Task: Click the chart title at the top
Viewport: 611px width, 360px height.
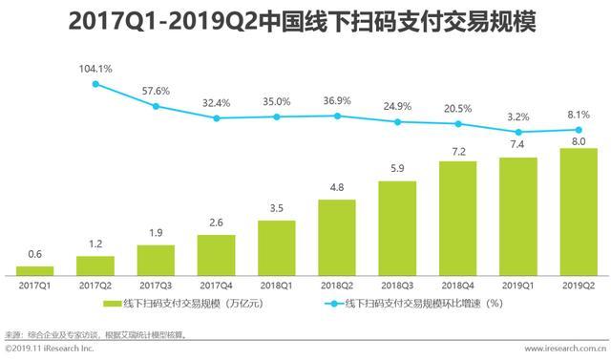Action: click(x=305, y=22)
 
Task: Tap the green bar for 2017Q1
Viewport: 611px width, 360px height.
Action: click(x=35, y=269)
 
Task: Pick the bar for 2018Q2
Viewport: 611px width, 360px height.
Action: click(x=337, y=236)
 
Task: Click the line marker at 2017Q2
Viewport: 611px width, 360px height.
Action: click(x=95, y=84)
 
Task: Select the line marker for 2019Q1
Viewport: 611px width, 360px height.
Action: click(x=518, y=132)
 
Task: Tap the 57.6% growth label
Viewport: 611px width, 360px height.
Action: click(x=156, y=91)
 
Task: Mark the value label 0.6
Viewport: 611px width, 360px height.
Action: click(x=35, y=254)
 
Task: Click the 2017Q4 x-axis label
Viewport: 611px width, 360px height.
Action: click(x=216, y=285)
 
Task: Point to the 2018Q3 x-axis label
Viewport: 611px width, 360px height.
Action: click(x=397, y=285)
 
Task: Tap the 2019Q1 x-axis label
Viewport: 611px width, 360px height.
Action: click(x=518, y=285)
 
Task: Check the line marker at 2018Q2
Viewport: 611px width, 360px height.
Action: click(x=337, y=116)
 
